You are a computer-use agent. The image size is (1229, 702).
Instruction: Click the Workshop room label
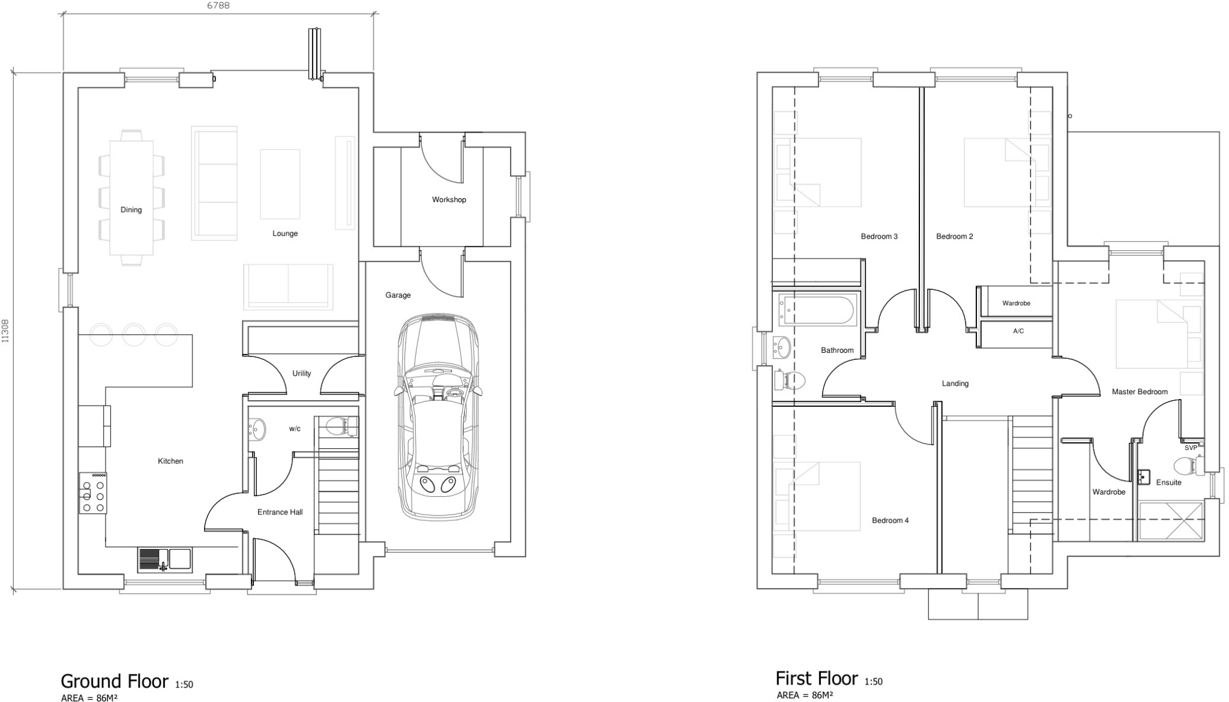(448, 200)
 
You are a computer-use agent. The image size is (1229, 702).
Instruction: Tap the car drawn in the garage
(438, 417)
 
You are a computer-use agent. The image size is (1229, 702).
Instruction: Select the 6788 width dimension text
(218, 6)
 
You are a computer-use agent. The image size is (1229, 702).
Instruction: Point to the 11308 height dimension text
(5, 331)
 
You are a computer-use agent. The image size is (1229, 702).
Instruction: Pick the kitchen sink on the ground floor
(164, 559)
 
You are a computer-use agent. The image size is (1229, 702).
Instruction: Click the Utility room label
(301, 373)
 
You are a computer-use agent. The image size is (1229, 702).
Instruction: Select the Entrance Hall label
(280, 512)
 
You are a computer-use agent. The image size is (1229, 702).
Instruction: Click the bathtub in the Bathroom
(816, 310)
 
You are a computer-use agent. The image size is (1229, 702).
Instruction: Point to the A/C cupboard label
(1018, 331)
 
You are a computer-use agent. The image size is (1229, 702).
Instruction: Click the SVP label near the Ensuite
(1191, 448)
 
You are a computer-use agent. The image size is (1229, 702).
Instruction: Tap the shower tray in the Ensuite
(1171, 521)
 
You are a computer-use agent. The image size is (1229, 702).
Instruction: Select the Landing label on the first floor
(955, 383)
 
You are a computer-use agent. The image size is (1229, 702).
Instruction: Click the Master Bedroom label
(1139, 392)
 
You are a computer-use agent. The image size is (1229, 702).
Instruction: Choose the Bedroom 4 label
(890, 520)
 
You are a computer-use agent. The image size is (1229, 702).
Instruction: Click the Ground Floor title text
(114, 682)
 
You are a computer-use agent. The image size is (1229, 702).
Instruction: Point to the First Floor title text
(816, 679)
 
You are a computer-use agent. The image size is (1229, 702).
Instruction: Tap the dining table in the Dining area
(131, 197)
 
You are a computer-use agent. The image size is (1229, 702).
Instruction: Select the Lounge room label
(284, 233)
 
